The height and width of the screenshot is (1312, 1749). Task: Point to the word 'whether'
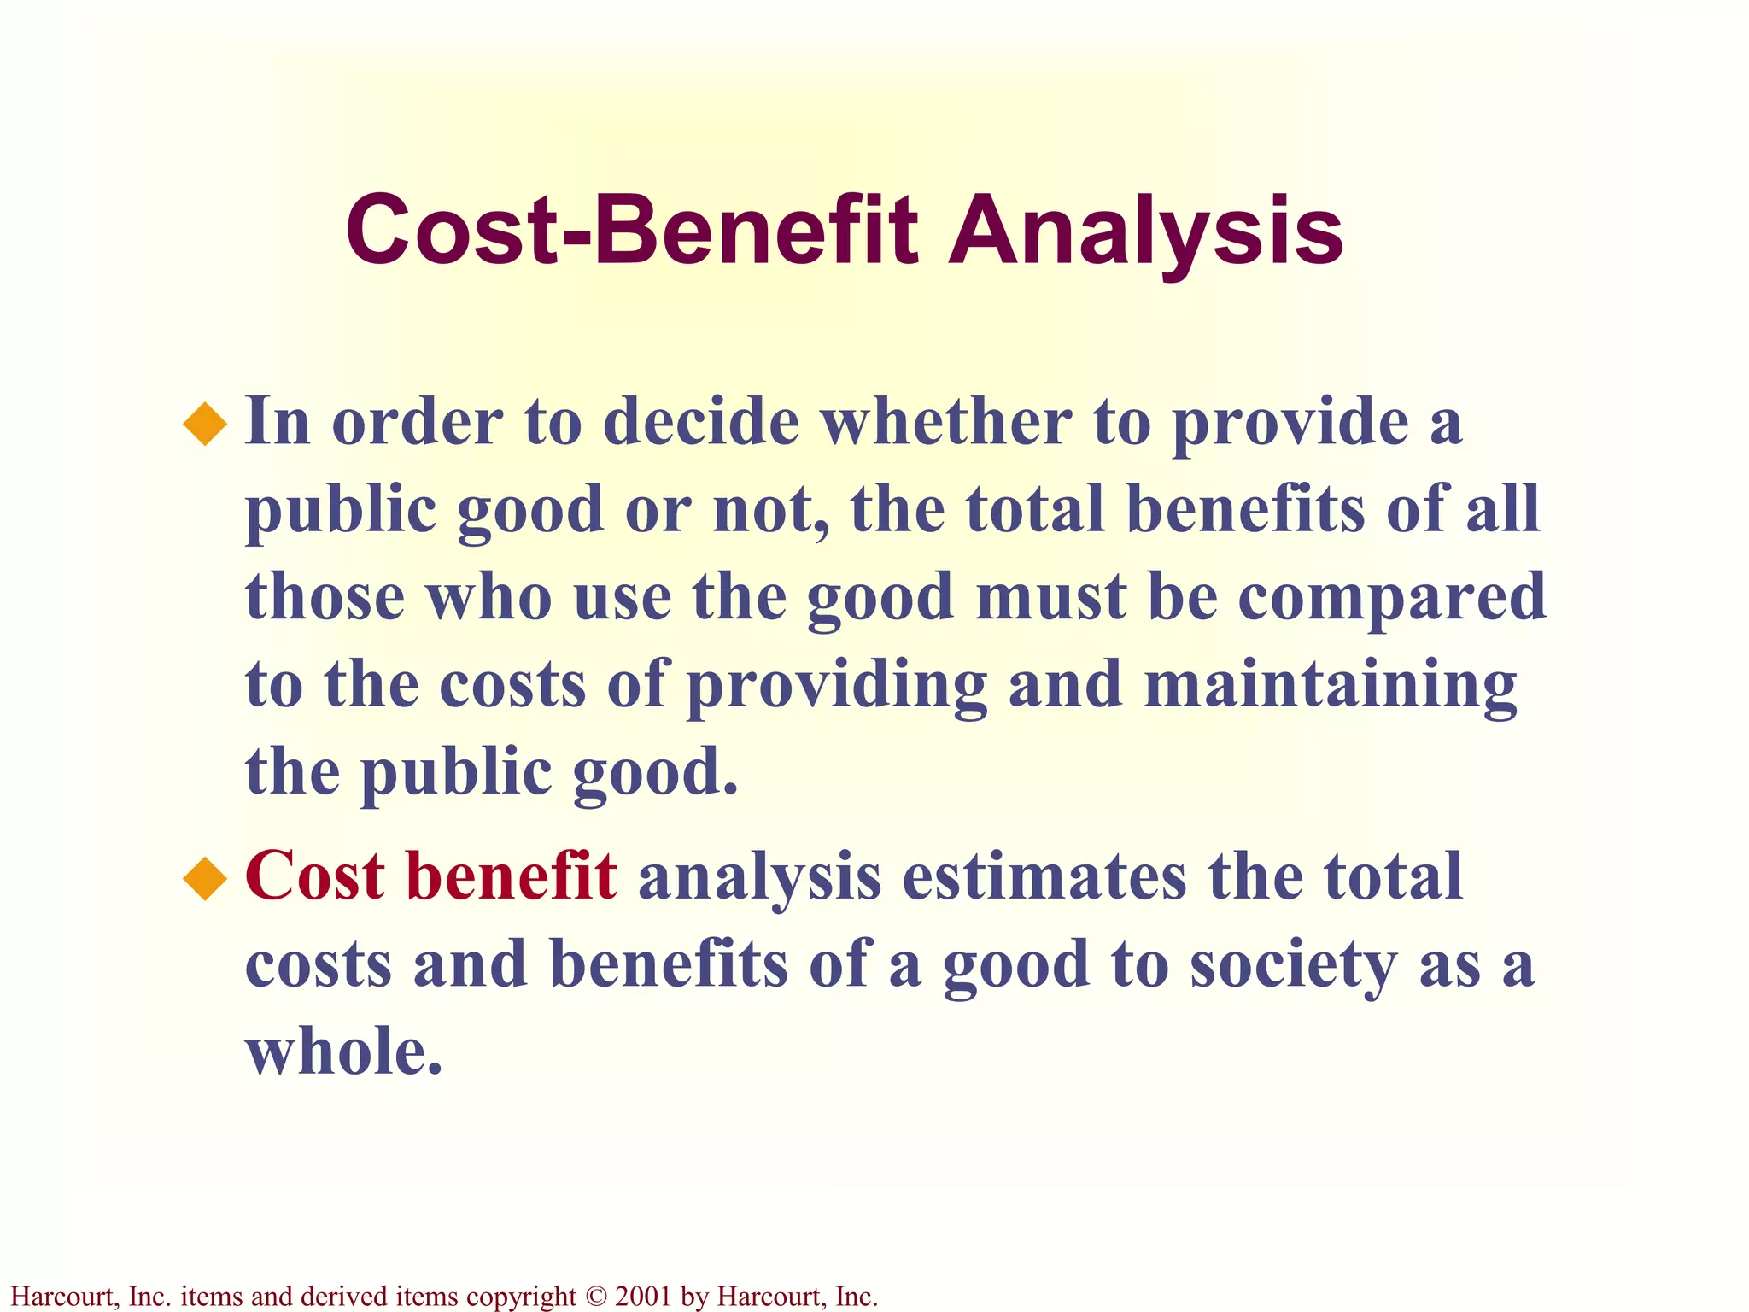946,422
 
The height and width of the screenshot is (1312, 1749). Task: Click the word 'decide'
701,422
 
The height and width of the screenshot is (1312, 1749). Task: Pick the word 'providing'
837,685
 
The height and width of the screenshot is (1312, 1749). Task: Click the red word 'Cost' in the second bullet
315,876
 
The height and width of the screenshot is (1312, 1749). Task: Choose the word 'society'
1293,965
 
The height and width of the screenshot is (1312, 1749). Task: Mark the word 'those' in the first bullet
325,597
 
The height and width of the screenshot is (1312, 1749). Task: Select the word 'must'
1051,597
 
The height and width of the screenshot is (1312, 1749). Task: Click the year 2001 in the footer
642,1297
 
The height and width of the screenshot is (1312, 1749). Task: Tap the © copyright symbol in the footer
595,1297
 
